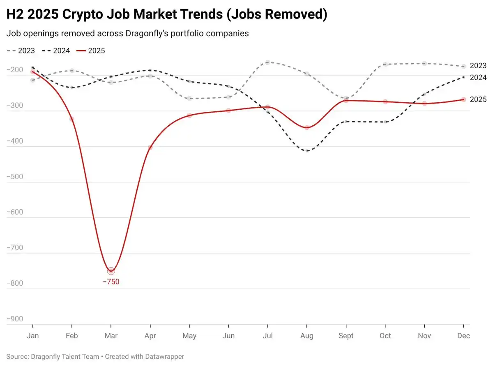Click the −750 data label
coord(111,282)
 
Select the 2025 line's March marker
coord(111,271)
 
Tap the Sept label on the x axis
coord(346,336)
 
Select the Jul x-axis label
coord(267,336)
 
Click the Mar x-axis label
coord(111,336)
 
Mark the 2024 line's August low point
coord(307,151)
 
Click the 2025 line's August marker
coord(307,127)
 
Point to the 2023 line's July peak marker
coord(267,62)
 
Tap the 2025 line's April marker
coord(150,148)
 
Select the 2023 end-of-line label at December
coord(478,66)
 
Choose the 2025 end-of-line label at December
coord(478,99)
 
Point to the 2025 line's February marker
coord(72,119)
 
